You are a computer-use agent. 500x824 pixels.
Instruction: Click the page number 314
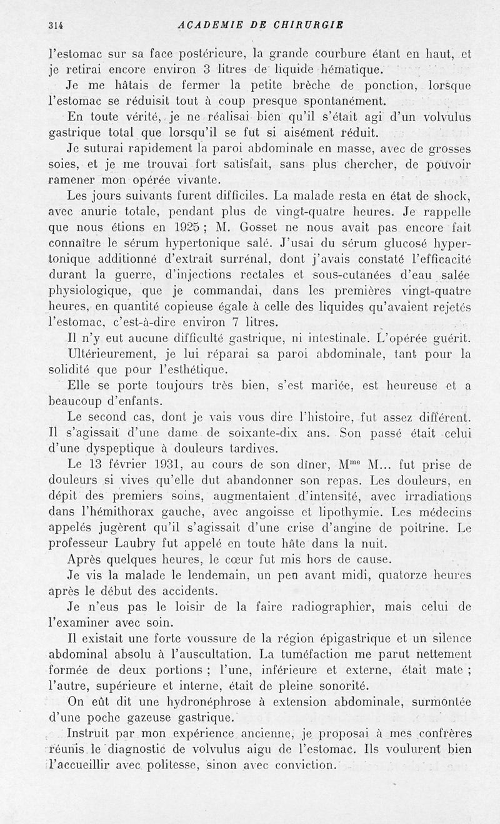pyautogui.click(x=57, y=25)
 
